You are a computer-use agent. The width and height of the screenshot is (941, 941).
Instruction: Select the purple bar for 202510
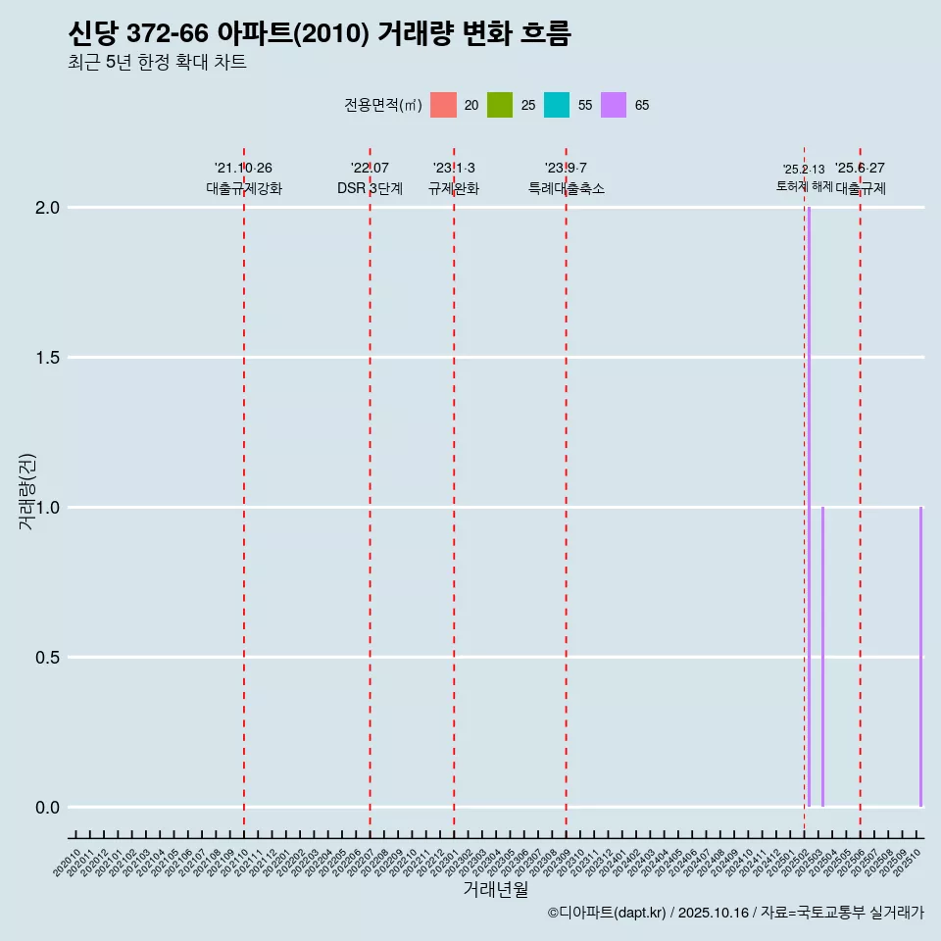pyautogui.click(x=920, y=657)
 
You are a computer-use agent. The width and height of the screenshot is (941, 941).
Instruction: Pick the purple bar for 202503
pyautogui.click(x=822, y=657)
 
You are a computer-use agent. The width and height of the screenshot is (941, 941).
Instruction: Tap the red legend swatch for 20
pyautogui.click(x=443, y=105)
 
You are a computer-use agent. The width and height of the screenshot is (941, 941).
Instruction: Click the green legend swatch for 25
pyautogui.click(x=500, y=105)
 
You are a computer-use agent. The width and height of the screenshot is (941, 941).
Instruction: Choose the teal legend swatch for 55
pyautogui.click(x=557, y=105)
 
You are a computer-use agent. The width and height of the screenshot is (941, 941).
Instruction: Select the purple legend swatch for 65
pyautogui.click(x=614, y=105)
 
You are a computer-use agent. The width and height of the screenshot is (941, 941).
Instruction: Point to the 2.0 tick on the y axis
pyautogui.click(x=48, y=208)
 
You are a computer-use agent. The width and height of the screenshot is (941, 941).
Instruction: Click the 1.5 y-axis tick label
pyautogui.click(x=48, y=358)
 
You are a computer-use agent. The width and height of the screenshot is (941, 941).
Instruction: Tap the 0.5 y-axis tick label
pyautogui.click(x=48, y=658)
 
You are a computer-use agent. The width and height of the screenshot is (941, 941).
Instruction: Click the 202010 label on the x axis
pyautogui.click(x=68, y=864)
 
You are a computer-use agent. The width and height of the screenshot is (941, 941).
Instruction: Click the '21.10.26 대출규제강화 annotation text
pyautogui.click(x=243, y=178)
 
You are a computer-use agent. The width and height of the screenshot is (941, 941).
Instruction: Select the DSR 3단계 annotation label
pyautogui.click(x=370, y=188)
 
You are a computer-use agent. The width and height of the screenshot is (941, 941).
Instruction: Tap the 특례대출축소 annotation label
pyautogui.click(x=566, y=188)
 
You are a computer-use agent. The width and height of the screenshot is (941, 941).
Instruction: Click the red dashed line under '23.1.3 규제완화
pyautogui.click(x=454, y=490)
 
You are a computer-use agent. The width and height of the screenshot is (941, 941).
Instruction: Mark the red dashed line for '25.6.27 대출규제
pyautogui.click(x=860, y=490)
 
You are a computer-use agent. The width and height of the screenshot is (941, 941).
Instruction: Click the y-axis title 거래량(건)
pyautogui.click(x=27, y=491)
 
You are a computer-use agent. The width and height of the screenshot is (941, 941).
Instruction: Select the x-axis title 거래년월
pyautogui.click(x=495, y=890)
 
